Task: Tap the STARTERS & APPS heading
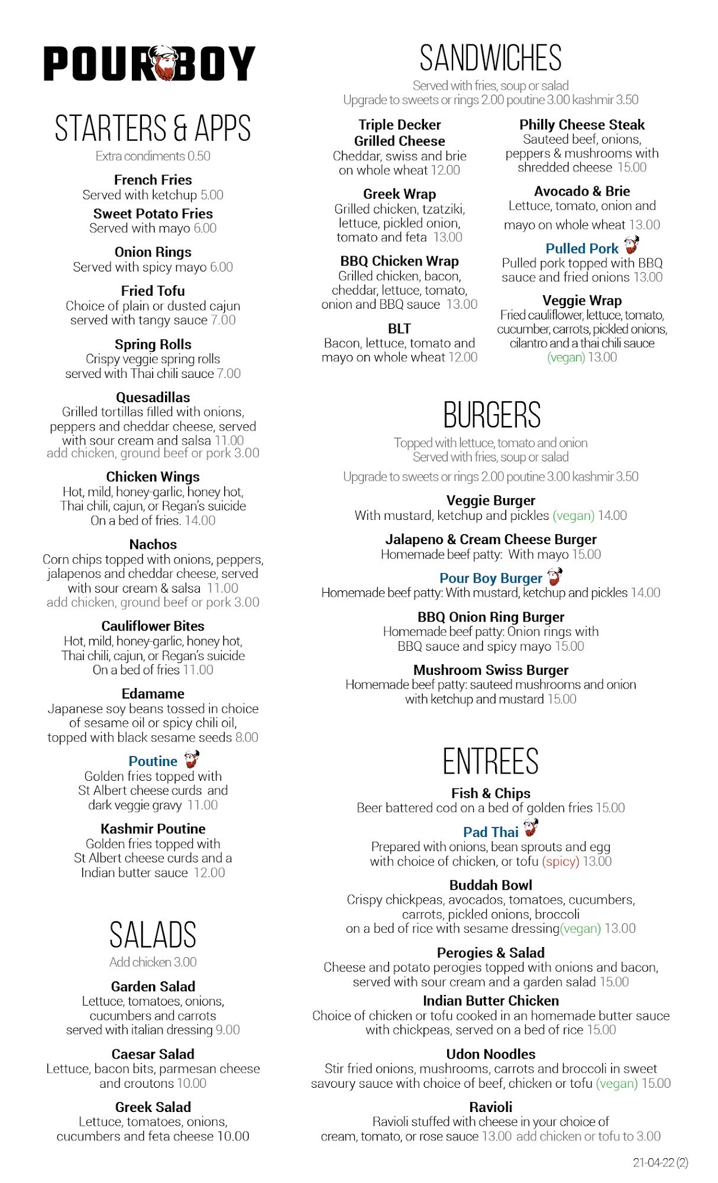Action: [x=153, y=128]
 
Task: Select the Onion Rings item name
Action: [x=153, y=252]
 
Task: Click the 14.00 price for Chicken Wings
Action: [x=200, y=521]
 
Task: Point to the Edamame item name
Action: [x=153, y=693]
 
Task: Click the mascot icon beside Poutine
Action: [x=192, y=759]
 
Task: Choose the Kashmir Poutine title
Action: [x=153, y=829]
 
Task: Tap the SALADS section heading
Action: [x=153, y=935]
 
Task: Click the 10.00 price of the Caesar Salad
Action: [x=192, y=1083]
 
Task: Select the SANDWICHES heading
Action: [x=490, y=58]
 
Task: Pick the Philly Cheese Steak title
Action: [x=582, y=125]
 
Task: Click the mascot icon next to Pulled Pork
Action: [x=632, y=245]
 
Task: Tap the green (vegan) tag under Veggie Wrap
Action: [x=566, y=357]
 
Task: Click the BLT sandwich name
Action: [x=399, y=328]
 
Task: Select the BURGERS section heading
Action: [x=491, y=415]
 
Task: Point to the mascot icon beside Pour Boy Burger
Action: [x=555, y=576]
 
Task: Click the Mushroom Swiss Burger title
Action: [x=490, y=670]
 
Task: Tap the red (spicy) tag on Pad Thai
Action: [x=560, y=861]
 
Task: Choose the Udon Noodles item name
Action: [x=490, y=1054]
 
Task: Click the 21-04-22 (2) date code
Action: [x=660, y=1162]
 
